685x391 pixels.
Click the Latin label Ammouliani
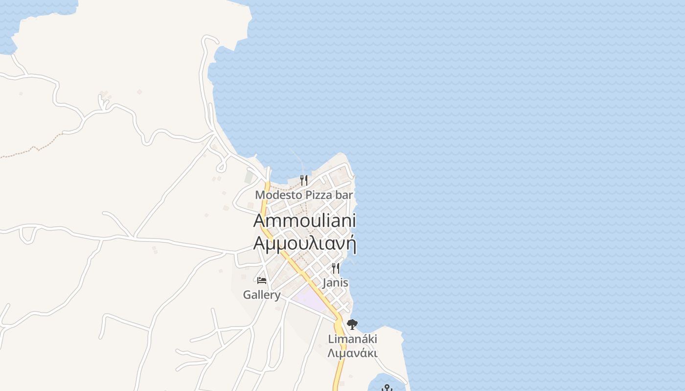(x=304, y=220)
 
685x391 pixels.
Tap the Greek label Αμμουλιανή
(x=304, y=243)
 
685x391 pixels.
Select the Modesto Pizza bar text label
(x=304, y=195)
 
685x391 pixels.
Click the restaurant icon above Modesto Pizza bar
(x=304, y=180)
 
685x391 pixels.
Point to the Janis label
(x=335, y=282)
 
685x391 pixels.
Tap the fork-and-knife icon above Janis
(x=335, y=268)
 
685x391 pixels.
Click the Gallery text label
(x=262, y=295)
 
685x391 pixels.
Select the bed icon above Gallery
(x=262, y=281)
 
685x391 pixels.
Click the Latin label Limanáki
(x=352, y=339)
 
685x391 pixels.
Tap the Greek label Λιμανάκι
(x=352, y=352)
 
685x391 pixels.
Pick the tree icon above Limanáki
(x=352, y=324)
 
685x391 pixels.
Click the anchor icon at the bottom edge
(x=387, y=388)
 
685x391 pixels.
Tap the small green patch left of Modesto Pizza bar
(x=250, y=176)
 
